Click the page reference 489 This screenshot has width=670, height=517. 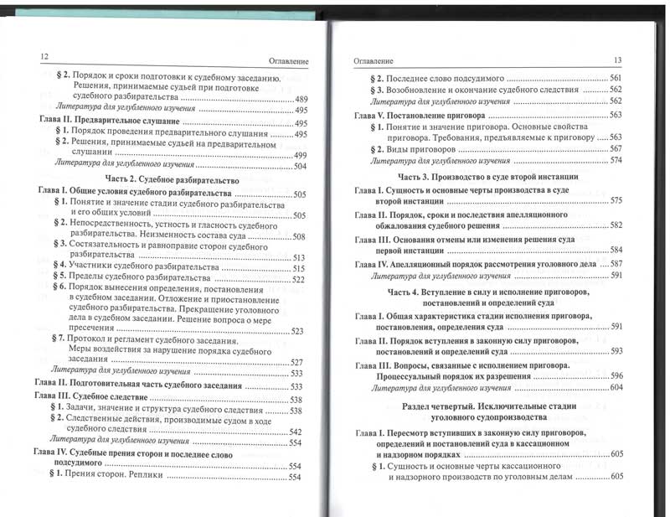click(x=302, y=98)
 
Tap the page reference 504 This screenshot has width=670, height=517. click(x=302, y=166)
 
